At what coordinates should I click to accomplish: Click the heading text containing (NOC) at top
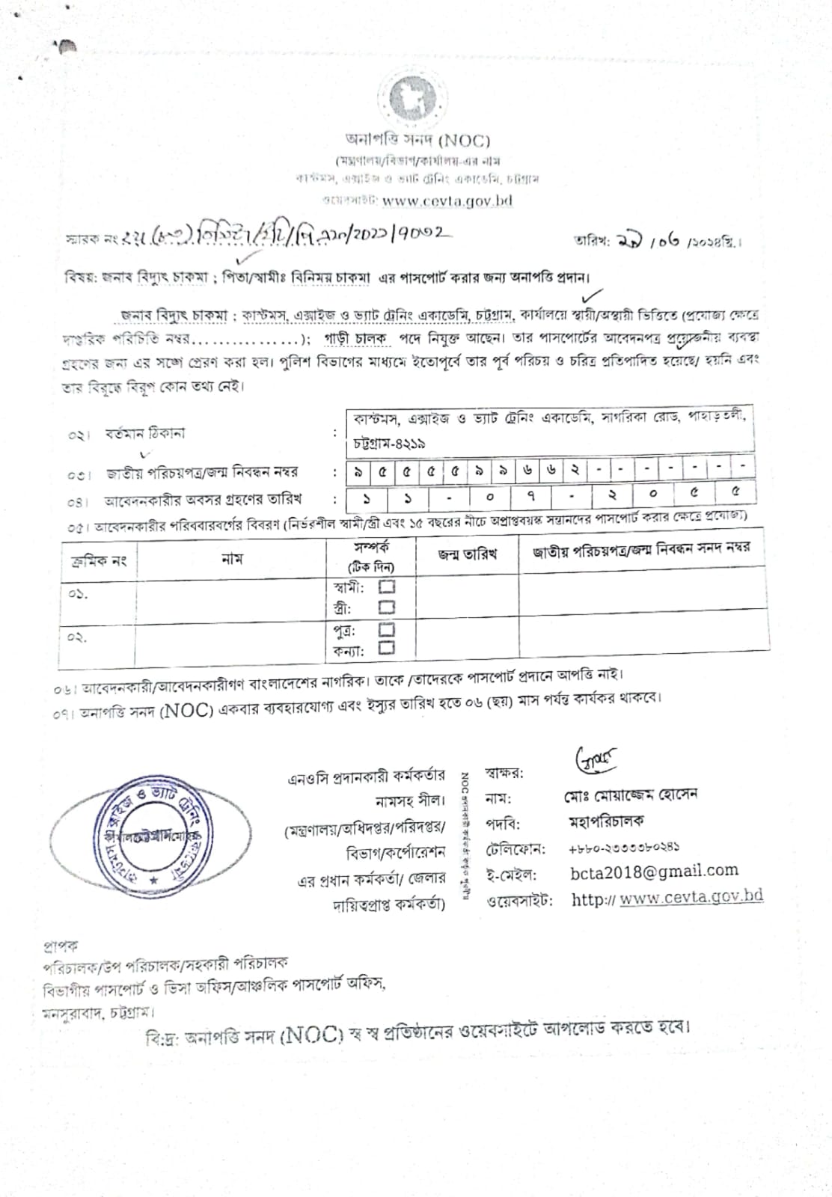point(417,140)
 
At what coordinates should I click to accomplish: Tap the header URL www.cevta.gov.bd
point(447,200)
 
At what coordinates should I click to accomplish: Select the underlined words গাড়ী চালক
point(355,338)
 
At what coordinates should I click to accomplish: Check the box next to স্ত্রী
point(387,607)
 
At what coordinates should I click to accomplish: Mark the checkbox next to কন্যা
point(387,649)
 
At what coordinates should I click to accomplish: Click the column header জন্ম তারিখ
point(467,554)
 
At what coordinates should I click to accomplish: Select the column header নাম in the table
point(232,558)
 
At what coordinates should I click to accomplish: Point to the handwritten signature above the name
point(596,760)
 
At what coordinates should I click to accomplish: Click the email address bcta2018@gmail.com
point(654,871)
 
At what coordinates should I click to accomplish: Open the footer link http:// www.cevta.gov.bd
point(667,897)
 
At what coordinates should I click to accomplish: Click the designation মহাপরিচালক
point(606,821)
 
